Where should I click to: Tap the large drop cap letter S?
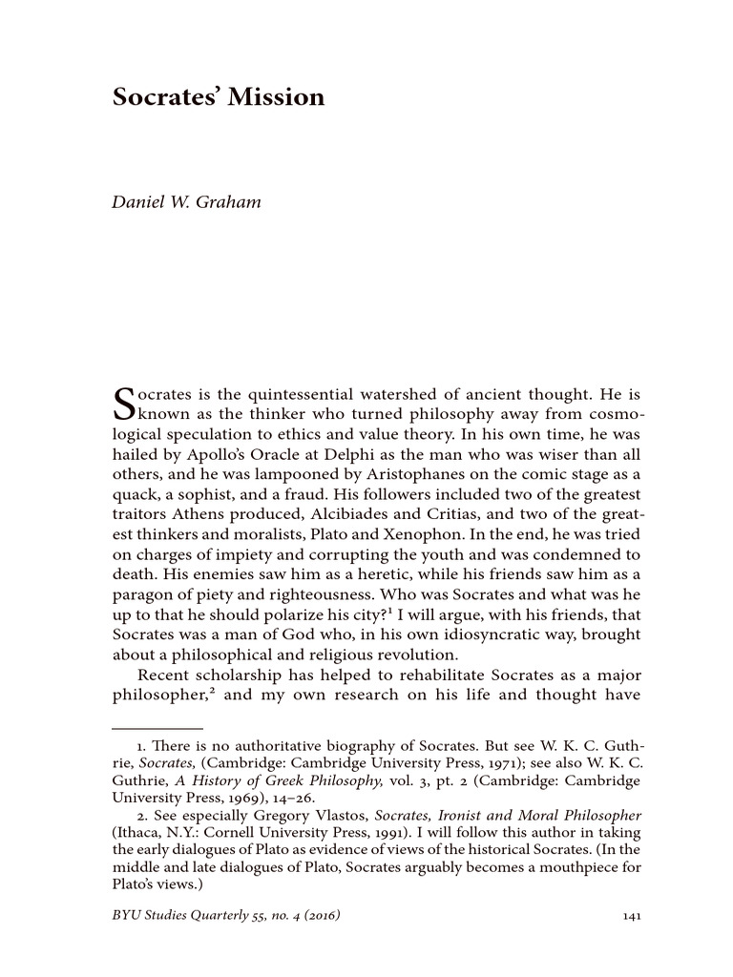[125, 405]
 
